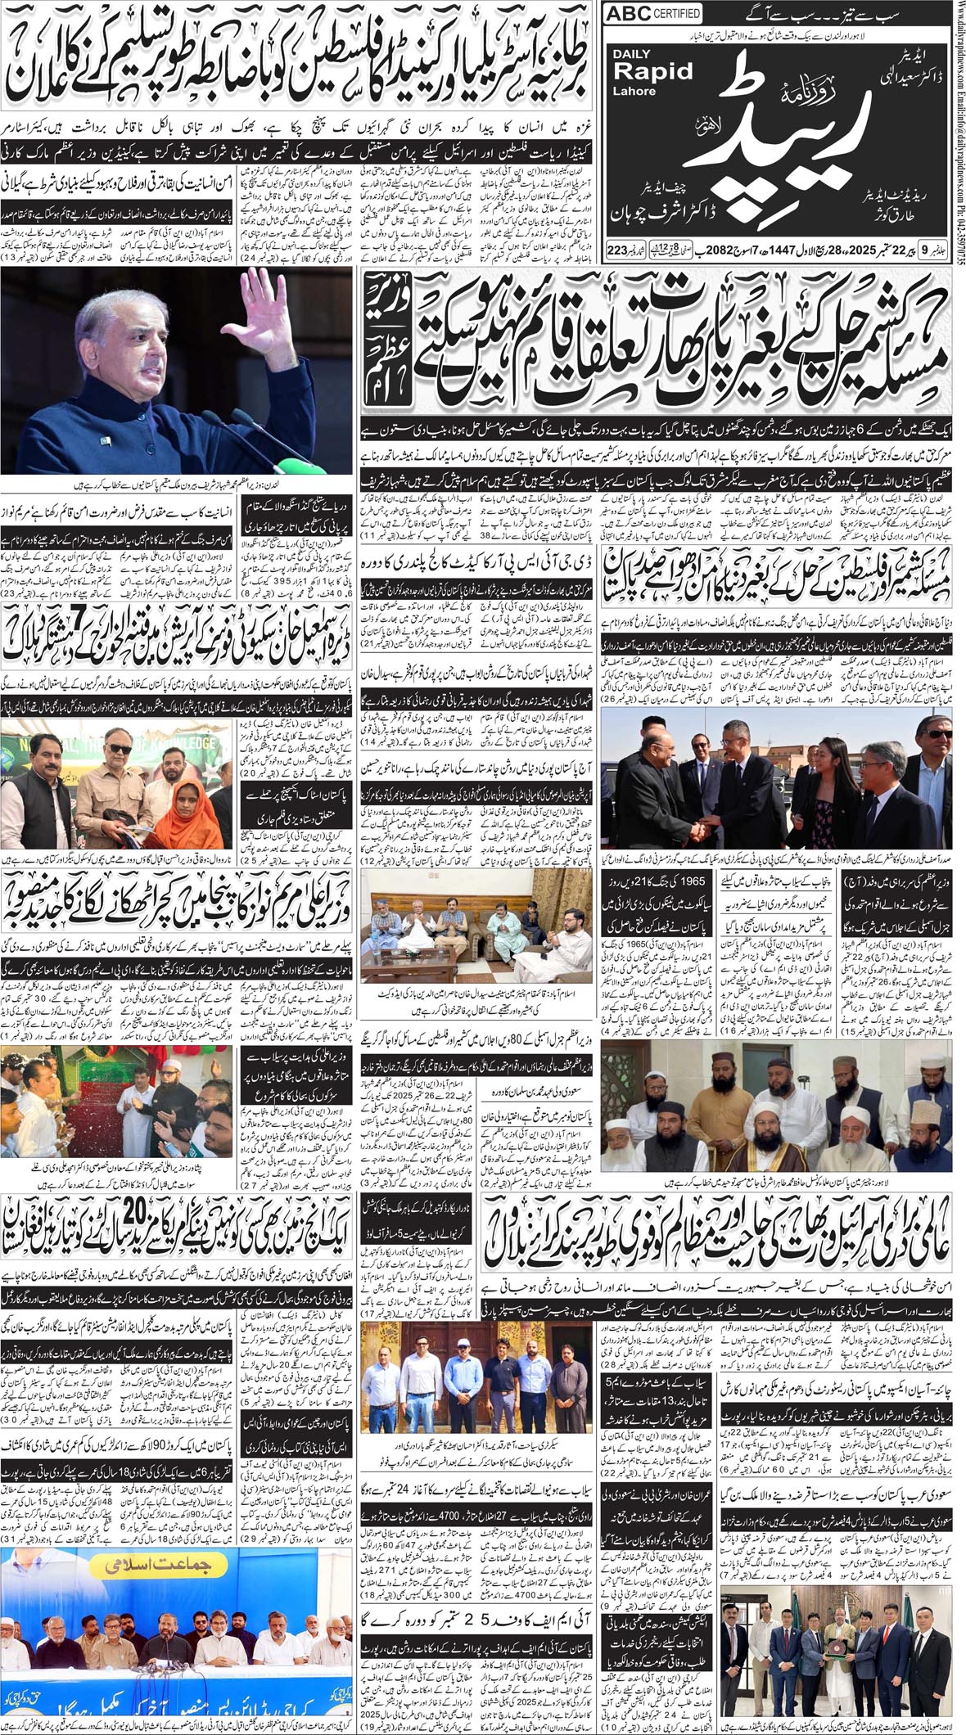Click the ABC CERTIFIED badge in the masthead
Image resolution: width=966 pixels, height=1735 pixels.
pyautogui.click(x=652, y=13)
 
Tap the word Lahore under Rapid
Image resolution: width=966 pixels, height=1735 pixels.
pyautogui.click(x=634, y=91)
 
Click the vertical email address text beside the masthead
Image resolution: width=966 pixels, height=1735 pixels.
pyautogui.click(x=957, y=106)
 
